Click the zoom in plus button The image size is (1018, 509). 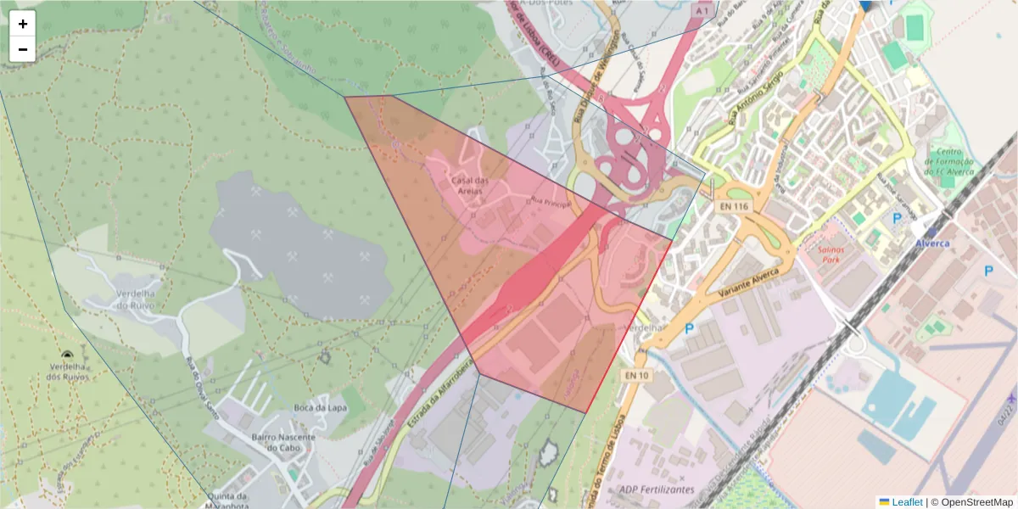(x=23, y=24)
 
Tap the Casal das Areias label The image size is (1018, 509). (x=470, y=186)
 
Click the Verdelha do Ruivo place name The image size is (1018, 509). (x=134, y=299)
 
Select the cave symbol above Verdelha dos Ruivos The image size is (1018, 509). (x=67, y=356)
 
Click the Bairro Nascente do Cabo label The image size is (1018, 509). (x=283, y=442)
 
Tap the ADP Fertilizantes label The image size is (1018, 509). (x=657, y=489)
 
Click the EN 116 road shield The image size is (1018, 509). (x=734, y=206)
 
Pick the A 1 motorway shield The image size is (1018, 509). (x=701, y=12)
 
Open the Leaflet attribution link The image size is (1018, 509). (x=906, y=502)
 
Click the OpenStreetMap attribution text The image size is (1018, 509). (x=976, y=502)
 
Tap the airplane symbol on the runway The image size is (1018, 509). (x=1010, y=398)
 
